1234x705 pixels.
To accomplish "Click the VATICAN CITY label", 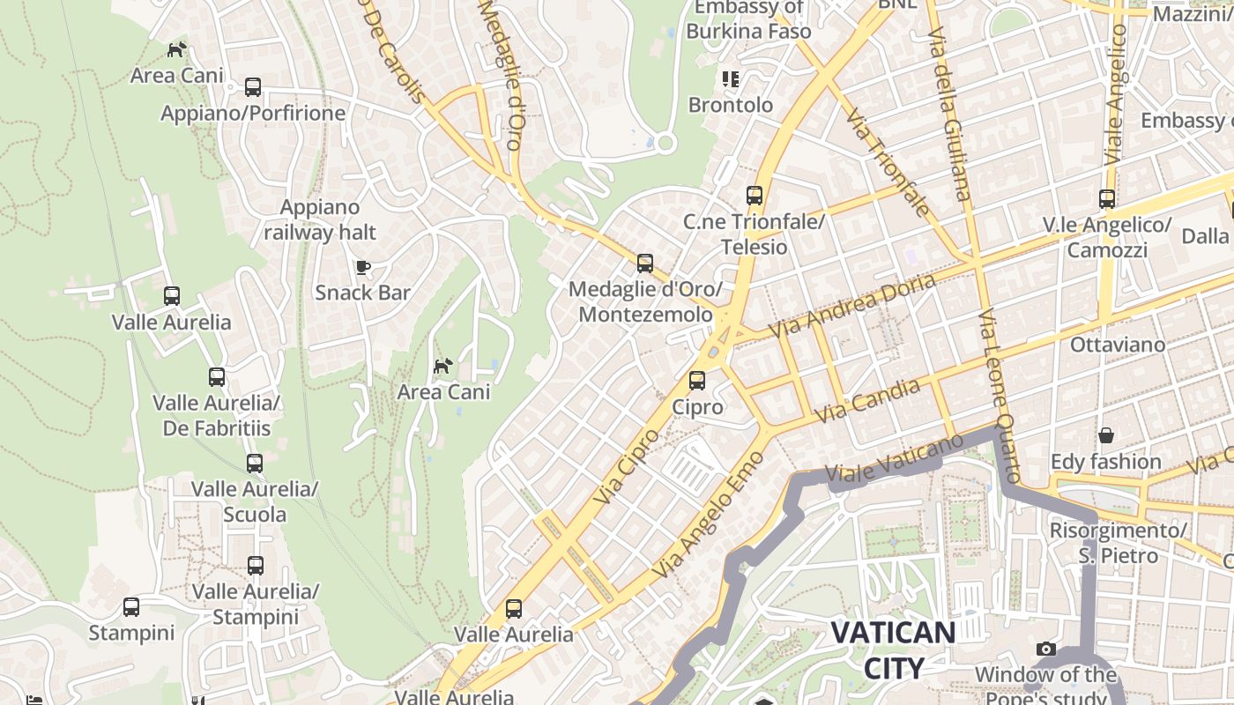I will coord(893,649).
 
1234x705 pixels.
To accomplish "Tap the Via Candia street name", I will coord(867,401).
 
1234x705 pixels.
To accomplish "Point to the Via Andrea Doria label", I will coord(851,305).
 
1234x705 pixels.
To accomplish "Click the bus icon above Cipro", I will coord(697,381).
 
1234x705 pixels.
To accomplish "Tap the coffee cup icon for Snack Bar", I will coord(362,267).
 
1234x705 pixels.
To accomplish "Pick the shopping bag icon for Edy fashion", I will coord(1105,435).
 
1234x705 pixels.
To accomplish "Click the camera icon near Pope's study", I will coord(1046,649).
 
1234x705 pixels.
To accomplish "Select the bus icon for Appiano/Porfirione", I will coord(253,87).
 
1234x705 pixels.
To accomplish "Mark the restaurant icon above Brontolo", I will coord(730,79).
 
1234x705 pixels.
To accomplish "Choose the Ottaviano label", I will coord(1117,345).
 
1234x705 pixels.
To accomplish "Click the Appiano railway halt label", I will coord(319,219).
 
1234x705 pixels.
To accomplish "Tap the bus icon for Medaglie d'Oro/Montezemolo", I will coord(645,263).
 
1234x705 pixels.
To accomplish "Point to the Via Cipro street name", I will coord(626,466).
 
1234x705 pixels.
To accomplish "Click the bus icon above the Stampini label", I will coord(131,607).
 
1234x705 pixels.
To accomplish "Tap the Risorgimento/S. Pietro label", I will coord(1118,543).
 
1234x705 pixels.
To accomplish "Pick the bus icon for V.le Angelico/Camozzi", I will coord(1107,199).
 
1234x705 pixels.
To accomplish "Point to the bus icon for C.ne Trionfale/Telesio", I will coord(754,196).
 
